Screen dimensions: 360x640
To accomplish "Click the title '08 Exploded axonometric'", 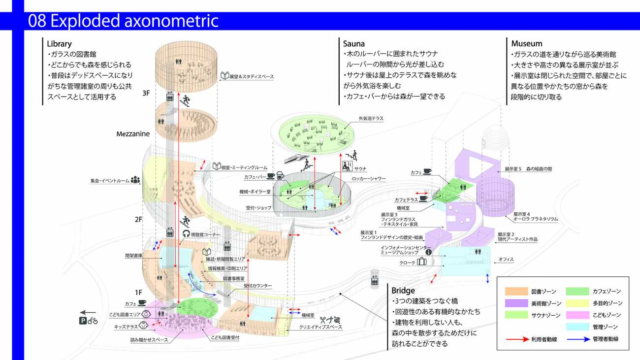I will pos(123,21).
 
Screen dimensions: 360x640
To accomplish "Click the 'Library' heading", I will pos(60,44).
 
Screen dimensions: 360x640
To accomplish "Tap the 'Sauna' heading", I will pos(354,44).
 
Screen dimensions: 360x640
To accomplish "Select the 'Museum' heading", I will pos(526,44).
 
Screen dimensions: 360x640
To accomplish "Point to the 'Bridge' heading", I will pos(404,291).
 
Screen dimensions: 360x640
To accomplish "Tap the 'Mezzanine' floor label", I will pos(133,133).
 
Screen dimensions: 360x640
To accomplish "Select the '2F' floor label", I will pos(138,220).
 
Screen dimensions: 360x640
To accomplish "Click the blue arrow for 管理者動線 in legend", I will pos(578,339).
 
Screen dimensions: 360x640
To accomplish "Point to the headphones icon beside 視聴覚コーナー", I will pos(186,234).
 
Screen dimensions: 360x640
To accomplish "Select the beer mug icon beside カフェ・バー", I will pos(280,175).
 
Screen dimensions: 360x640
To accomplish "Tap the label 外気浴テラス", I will pos(371,118).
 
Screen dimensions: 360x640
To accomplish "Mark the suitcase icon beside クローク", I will pos(421,262).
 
